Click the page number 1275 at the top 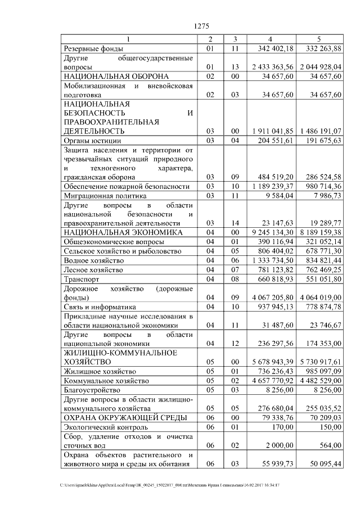201,25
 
